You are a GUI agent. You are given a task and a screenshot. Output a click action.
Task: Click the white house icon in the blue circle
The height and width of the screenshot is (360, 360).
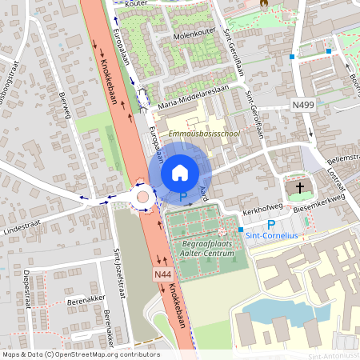[180, 172]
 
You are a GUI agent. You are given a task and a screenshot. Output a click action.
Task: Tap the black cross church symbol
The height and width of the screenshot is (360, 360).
[300, 188]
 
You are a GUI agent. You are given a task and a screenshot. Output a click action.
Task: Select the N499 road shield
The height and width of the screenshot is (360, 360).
[303, 104]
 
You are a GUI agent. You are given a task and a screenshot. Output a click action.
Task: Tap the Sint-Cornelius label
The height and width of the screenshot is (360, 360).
[273, 237]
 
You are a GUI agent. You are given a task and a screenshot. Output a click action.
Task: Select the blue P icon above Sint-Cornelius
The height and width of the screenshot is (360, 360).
[270, 226]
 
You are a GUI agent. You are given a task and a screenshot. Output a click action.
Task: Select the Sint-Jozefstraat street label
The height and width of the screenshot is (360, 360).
[119, 265]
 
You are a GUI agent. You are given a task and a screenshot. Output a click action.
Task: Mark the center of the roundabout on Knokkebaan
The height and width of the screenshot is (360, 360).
[143, 197]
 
